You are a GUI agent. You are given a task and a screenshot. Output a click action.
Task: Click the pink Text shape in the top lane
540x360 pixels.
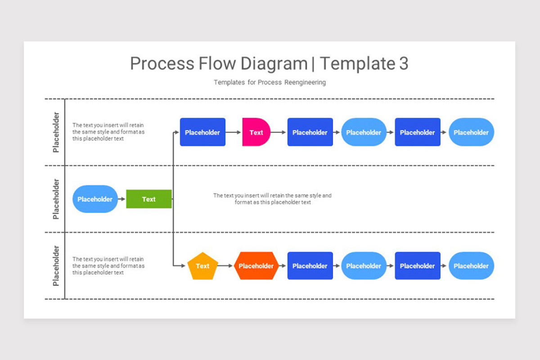256,132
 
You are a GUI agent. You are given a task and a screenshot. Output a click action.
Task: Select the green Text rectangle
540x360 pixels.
148,199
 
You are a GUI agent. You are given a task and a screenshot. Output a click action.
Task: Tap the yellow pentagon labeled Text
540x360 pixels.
202,266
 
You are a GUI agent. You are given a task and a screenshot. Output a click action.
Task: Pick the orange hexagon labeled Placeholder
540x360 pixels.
256,266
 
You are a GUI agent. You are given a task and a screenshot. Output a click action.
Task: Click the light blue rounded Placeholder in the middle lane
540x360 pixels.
95,199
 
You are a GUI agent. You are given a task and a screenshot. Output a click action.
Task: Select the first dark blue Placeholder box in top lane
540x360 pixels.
202,132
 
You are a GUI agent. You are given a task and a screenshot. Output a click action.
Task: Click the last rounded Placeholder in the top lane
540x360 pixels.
471,132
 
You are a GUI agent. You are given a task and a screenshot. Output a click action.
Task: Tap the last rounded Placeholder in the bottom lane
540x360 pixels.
471,266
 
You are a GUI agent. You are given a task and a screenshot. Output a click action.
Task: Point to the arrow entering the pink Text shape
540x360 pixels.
234,132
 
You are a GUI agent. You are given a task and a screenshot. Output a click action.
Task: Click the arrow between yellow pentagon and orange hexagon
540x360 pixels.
226,266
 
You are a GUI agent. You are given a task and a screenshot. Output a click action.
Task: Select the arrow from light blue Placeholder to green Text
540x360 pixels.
121,199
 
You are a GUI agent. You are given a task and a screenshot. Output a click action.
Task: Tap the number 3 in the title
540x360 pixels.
403,64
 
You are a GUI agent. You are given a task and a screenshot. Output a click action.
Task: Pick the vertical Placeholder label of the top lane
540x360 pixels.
56,132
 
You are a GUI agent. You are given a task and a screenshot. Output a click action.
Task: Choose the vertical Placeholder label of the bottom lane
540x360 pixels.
56,266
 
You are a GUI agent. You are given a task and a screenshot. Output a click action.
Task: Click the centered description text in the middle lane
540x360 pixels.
272,199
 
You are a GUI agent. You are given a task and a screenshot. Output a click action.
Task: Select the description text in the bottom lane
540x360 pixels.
108,266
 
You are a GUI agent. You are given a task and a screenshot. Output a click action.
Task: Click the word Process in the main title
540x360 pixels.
162,64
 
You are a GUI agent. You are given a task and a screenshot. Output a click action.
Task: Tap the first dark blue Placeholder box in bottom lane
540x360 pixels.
310,266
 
